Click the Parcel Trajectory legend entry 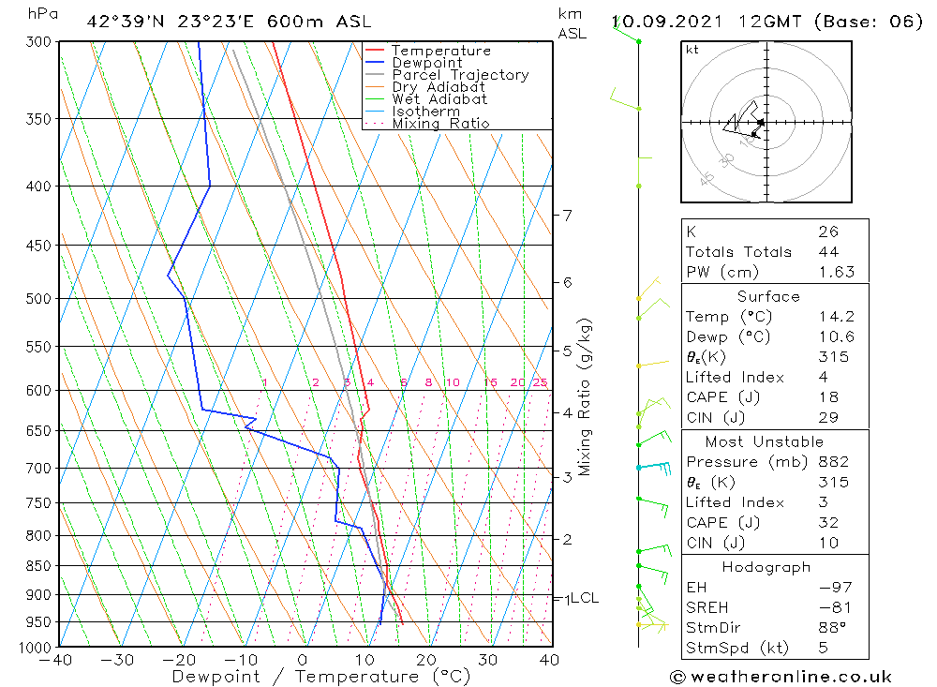[x=460, y=75]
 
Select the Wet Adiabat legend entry [x=439, y=99]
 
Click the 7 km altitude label [x=568, y=216]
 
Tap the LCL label [x=584, y=598]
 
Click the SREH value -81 [x=830, y=607]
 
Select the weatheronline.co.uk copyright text [x=781, y=677]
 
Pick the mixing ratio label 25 [x=540, y=382]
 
